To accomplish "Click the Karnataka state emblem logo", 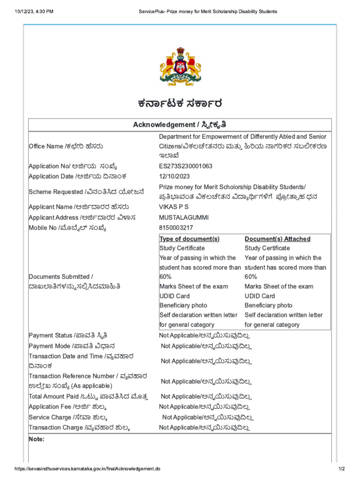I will (180, 67).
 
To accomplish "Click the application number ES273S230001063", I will (186, 166).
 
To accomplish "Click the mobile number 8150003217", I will (175, 228).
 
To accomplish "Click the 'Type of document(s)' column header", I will (189, 239).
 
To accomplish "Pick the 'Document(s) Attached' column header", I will (277, 239).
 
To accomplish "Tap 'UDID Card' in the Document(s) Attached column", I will (260, 296).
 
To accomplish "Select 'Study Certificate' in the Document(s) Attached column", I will (267, 248).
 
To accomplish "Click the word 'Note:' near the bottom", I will (37, 439).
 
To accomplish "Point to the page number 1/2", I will (341, 469).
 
